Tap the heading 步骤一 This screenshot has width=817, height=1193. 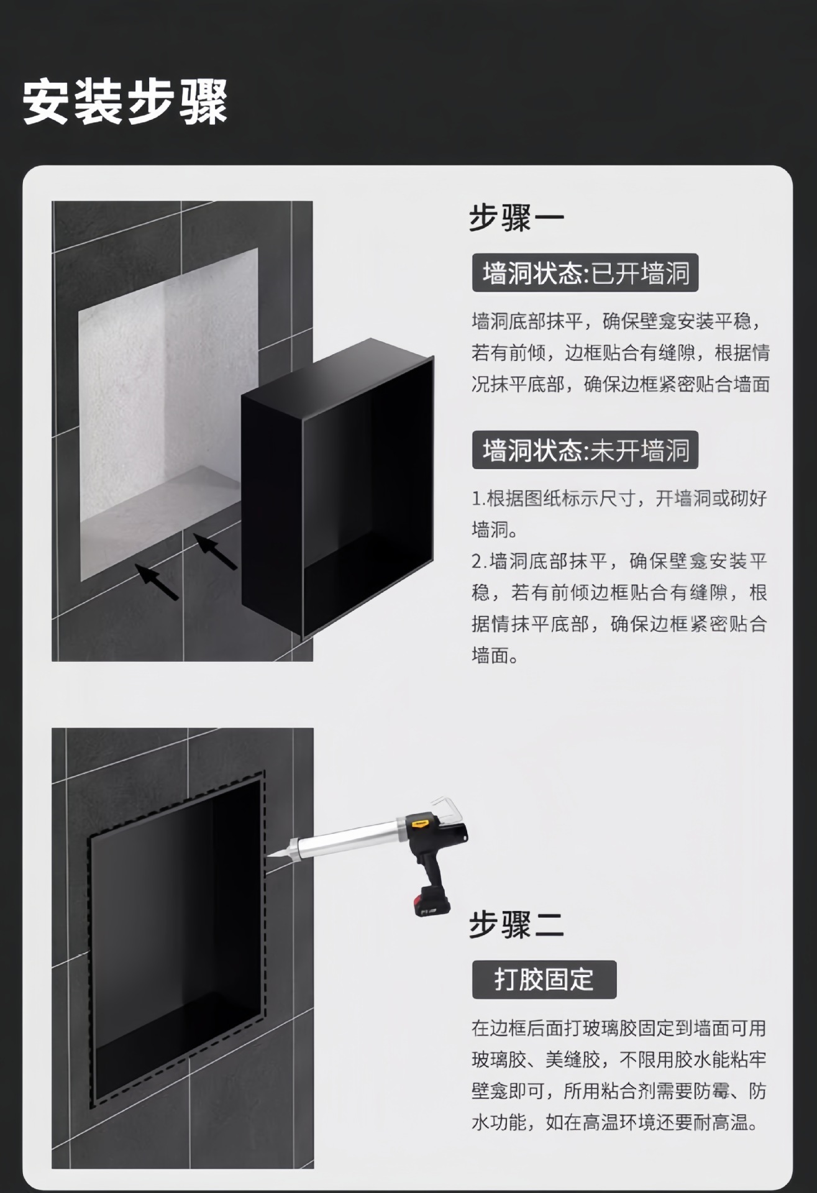516,218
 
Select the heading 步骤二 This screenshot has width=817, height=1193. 516,924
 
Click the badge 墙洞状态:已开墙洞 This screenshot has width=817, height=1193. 585,273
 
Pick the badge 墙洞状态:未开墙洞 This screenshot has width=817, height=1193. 585,450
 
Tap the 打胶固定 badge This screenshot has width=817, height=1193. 544,980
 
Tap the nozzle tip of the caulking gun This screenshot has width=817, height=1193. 268,857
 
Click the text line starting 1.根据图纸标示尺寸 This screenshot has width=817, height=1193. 619,498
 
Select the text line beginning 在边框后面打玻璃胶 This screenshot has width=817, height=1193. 619,1029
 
